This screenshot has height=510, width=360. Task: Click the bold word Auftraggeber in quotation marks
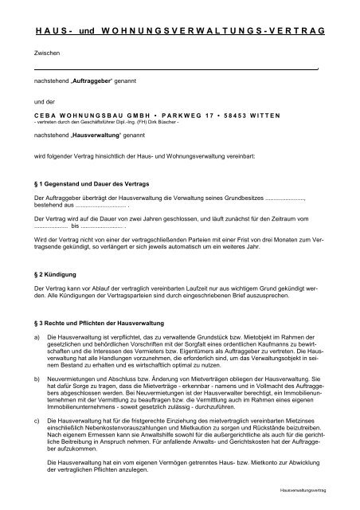tap(95, 82)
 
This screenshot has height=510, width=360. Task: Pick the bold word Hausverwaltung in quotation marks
tap(99, 137)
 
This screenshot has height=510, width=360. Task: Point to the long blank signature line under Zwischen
tap(175, 69)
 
